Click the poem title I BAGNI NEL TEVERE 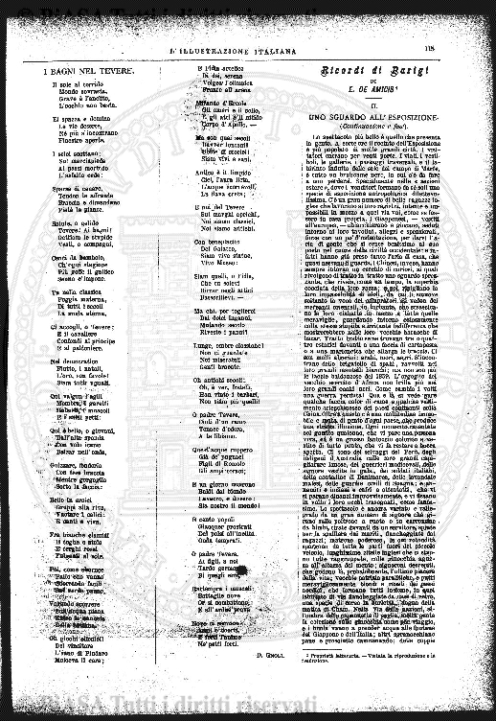tap(79, 71)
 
